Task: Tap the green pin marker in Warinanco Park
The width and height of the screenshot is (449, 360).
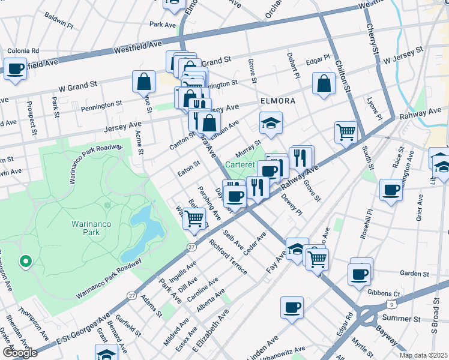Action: [25, 261]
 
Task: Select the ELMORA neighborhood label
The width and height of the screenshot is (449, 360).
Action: [277, 101]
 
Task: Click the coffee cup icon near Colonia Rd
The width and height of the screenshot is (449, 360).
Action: [15, 68]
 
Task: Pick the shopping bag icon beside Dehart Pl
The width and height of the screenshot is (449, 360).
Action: [324, 84]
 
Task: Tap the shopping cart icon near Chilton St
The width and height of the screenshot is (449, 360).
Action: [346, 131]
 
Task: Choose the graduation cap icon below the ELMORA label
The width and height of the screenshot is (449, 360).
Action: [271, 123]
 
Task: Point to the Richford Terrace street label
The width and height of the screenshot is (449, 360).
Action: [228, 257]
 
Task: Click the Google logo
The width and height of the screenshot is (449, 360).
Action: [19, 353]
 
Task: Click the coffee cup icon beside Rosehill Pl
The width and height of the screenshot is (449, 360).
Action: [391, 190]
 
